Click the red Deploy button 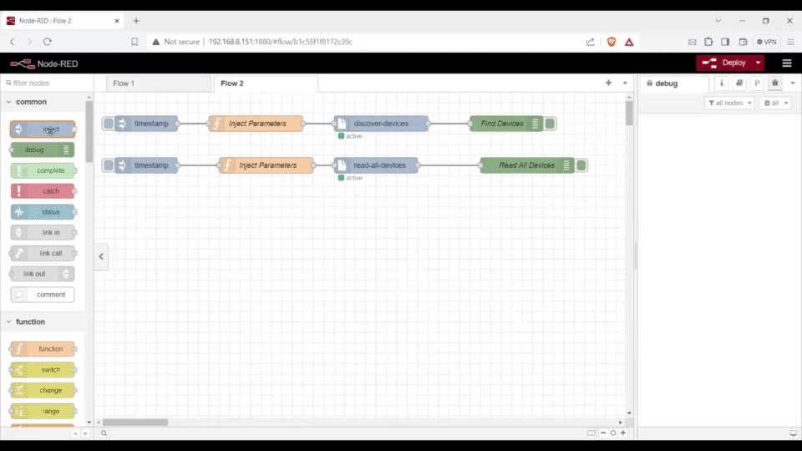725,63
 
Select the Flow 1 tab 124,84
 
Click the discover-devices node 381,124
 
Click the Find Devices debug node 502,124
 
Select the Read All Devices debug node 526,165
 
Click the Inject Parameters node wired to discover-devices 257,124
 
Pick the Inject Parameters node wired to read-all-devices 267,165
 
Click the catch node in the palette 43,191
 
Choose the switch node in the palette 43,370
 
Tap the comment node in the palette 43,295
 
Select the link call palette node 43,253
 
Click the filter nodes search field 46,84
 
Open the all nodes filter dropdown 729,103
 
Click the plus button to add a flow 608,84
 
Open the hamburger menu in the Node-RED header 786,63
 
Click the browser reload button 48,42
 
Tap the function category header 31,322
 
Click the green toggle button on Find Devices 550,124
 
